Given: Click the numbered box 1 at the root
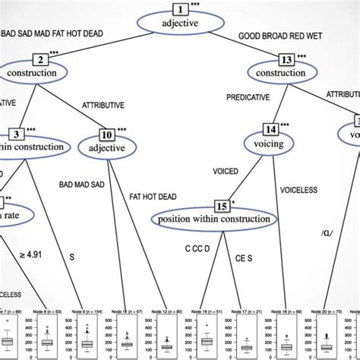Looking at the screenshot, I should click(x=179, y=9).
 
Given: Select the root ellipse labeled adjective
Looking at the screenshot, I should click(x=179, y=24).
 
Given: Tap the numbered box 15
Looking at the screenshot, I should click(x=222, y=206).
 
